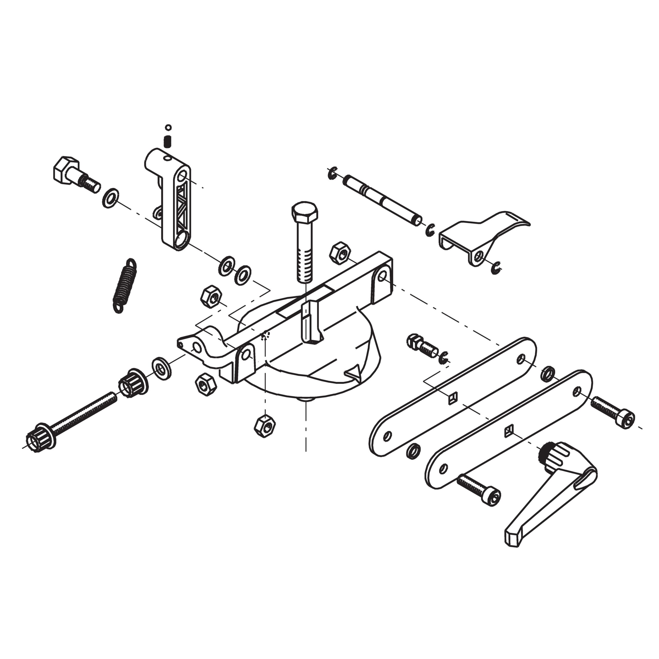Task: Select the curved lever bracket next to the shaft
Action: coord(484,235)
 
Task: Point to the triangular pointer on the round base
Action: coord(354,372)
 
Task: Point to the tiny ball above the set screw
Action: coord(168,128)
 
